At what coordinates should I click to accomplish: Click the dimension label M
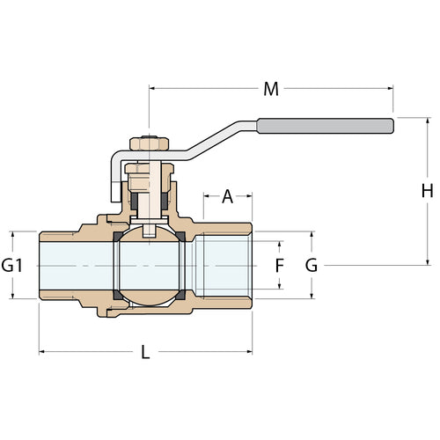pos(271,89)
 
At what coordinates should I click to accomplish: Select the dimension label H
pos(427,191)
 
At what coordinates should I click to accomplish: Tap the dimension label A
pos(228,196)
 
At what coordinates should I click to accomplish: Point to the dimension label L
pos(145,352)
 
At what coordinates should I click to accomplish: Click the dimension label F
pos(280,266)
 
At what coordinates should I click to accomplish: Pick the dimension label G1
pos(11,266)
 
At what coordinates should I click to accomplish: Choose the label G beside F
pos(312,266)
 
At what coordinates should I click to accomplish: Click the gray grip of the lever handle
pos(326,126)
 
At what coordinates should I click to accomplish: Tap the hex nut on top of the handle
pos(150,143)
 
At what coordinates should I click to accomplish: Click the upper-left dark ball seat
pos(117,237)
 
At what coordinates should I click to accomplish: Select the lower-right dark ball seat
pos(180,295)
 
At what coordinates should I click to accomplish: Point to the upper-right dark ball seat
pos(180,237)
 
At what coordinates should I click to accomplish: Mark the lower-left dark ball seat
pos(117,295)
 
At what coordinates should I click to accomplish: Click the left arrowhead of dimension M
pos(151,88)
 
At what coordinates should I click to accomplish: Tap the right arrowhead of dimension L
pos(250,351)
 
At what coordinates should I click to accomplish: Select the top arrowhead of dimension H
pos(428,121)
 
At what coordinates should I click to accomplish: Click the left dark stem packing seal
pos(134,202)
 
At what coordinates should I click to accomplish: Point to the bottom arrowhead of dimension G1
pos(12,296)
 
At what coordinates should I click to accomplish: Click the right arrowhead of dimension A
pos(249,196)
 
